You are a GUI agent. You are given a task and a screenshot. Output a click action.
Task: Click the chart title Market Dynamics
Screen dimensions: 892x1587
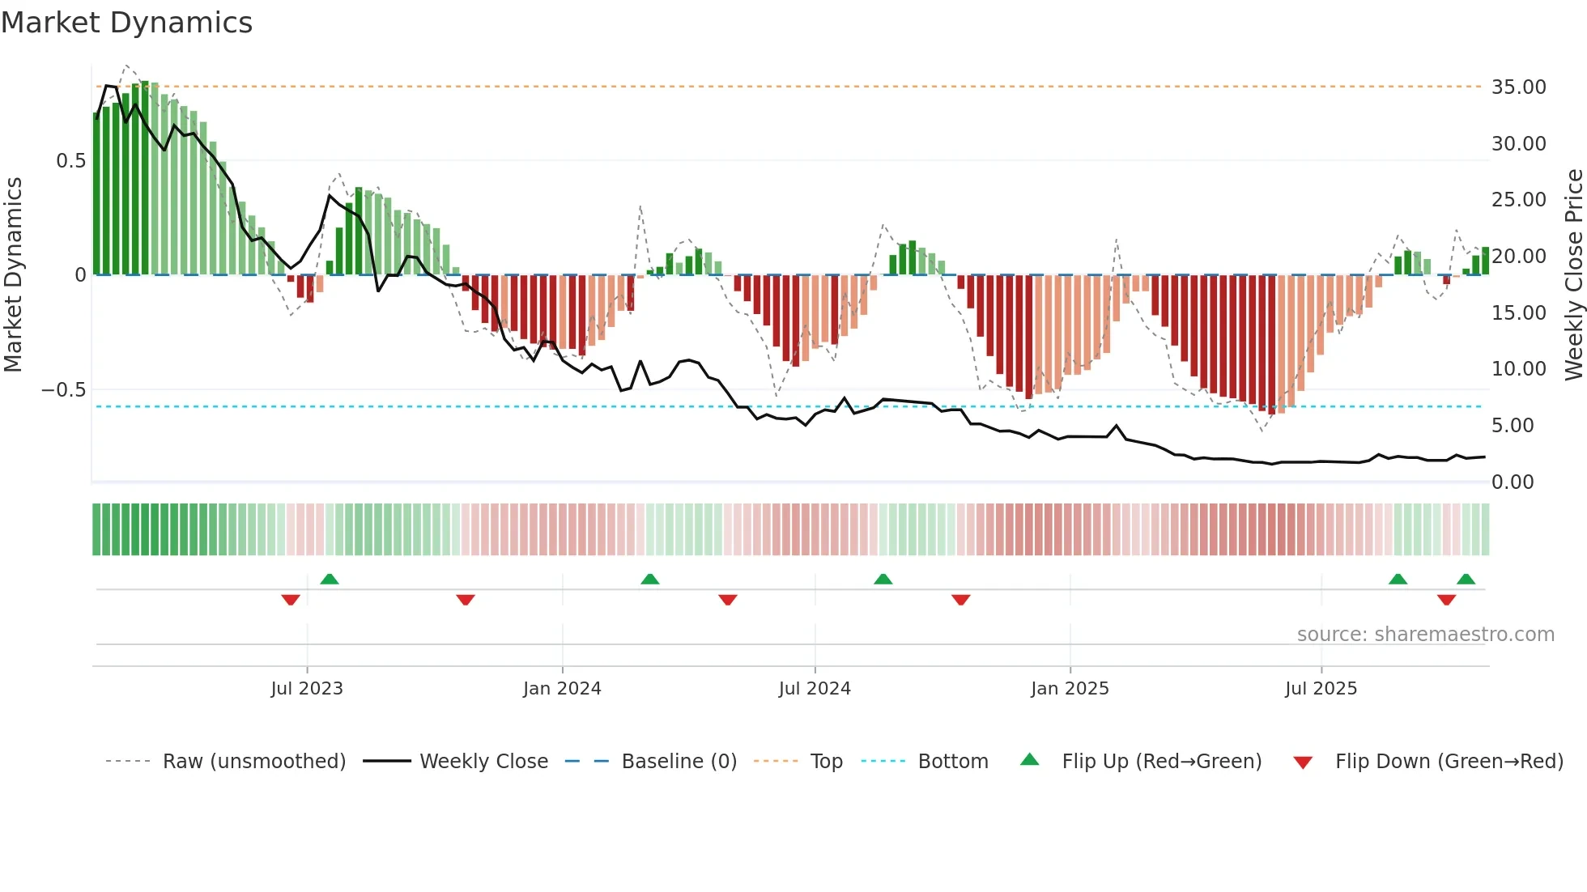pos(126,23)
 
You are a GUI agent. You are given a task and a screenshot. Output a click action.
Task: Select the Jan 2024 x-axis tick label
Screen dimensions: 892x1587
pos(562,689)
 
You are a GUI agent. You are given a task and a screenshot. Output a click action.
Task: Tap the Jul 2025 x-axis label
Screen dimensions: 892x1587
pos(1321,689)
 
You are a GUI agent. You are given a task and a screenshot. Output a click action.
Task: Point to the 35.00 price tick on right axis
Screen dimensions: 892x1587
pos(1518,87)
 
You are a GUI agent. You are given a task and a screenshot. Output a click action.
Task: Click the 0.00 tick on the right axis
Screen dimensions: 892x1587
pos(1513,482)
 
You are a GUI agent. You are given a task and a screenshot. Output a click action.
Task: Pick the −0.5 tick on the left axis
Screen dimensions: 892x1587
pos(63,390)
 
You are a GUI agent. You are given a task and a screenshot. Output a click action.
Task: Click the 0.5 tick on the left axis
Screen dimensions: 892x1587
pos(70,161)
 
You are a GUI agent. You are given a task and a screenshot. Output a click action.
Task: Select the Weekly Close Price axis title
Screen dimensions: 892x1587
pos(1573,274)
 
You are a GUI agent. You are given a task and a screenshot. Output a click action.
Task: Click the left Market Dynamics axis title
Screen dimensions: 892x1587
pos(14,274)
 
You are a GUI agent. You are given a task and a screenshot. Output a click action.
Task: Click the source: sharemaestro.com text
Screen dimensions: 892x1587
pos(1425,635)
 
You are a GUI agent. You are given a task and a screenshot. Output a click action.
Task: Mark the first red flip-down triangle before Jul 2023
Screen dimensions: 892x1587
pos(291,600)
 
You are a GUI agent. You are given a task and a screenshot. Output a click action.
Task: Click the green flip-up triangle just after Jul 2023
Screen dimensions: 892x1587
pos(330,579)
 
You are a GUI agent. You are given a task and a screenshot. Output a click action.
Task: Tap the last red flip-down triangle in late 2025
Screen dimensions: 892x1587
pos(1446,600)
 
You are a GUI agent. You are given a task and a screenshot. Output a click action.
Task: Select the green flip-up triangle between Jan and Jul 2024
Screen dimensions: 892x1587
pos(649,579)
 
